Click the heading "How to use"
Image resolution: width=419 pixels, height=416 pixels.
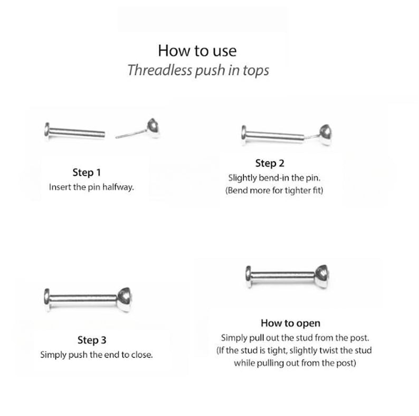click(x=197, y=51)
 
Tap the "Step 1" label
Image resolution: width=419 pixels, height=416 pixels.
click(x=87, y=172)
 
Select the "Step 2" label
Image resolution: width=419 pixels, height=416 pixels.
click(x=269, y=164)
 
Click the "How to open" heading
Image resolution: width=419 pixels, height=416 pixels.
click(x=290, y=323)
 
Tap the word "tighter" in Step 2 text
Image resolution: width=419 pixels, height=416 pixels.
click(x=295, y=191)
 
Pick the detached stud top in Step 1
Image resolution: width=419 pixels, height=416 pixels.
click(x=154, y=128)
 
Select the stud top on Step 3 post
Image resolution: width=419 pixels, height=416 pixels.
click(x=125, y=299)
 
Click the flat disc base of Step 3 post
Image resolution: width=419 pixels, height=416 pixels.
click(x=47, y=300)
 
